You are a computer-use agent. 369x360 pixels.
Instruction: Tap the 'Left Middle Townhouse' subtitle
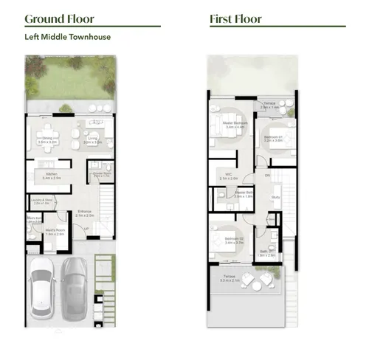pos(68,36)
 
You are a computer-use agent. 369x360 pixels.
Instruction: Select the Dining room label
pos(47,139)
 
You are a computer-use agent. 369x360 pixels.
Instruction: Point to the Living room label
pos(92,139)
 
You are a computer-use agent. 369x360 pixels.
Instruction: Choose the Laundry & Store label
pos(43,201)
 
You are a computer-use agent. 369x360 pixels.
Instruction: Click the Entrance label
pos(83,214)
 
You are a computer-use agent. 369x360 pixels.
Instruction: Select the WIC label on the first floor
pos(230,176)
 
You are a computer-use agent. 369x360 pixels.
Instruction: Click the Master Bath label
pos(244,195)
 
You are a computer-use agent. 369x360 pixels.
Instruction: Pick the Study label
pos(275,198)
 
